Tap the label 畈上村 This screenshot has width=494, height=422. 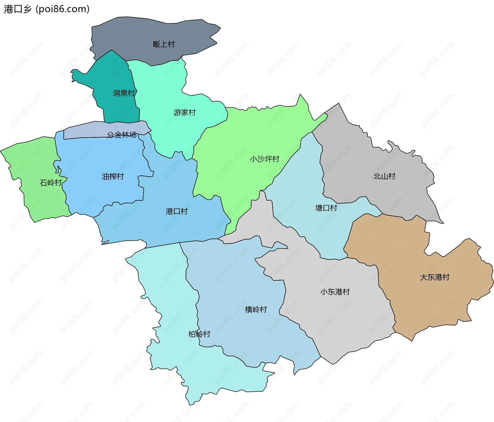pyautogui.click(x=164, y=44)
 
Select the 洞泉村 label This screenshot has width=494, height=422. pyautogui.click(x=124, y=93)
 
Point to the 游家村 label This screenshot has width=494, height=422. pyautogui.click(x=184, y=112)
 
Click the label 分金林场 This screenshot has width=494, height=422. pyautogui.click(x=122, y=135)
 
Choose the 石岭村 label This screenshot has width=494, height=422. pyautogui.click(x=51, y=182)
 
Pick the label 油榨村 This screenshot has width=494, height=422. pyautogui.click(x=113, y=176)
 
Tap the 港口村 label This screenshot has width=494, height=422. pyautogui.click(x=177, y=211)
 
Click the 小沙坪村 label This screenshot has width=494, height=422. pyautogui.click(x=264, y=159)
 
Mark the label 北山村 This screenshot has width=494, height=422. pyautogui.click(x=384, y=176)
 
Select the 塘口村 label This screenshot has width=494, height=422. pyautogui.click(x=326, y=208)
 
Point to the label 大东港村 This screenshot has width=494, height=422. pyautogui.click(x=435, y=277)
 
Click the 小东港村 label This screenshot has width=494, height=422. pyautogui.click(x=335, y=292)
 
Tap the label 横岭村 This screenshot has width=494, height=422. pyautogui.click(x=256, y=309)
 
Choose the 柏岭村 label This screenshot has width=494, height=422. pyautogui.click(x=199, y=334)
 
